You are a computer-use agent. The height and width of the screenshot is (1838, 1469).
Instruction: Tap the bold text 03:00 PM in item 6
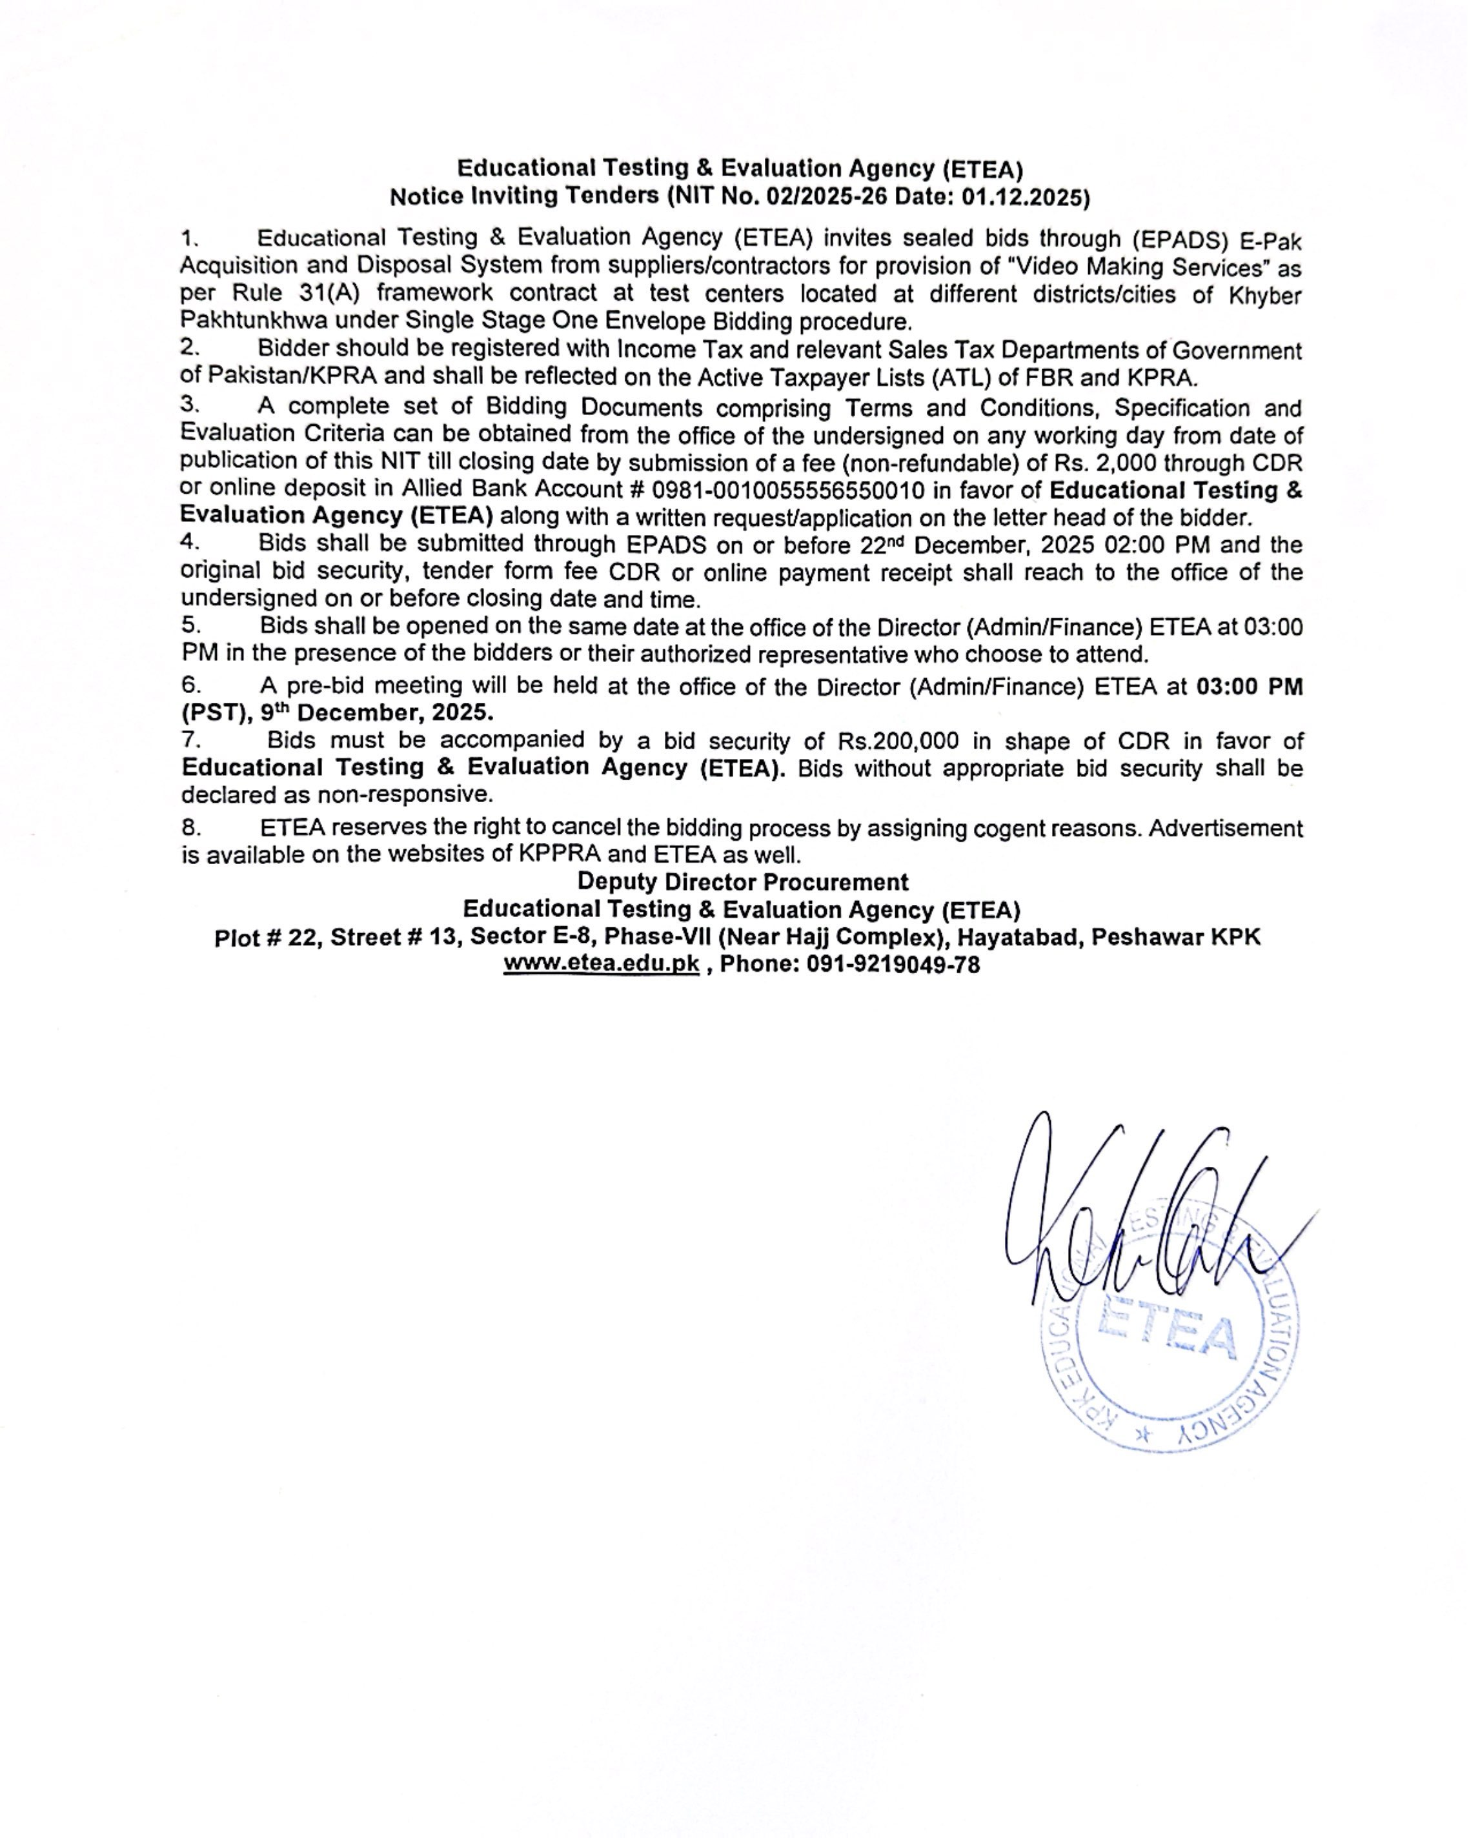(x=1249, y=687)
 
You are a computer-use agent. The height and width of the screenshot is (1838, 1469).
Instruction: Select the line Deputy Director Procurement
(x=743, y=882)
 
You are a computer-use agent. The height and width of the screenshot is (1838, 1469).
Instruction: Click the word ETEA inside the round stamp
(x=1166, y=1337)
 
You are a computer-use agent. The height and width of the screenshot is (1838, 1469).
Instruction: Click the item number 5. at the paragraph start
(x=190, y=626)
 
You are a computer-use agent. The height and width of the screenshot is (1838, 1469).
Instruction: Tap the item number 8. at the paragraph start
(x=191, y=827)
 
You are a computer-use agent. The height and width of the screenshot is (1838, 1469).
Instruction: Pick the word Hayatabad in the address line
(x=1017, y=938)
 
